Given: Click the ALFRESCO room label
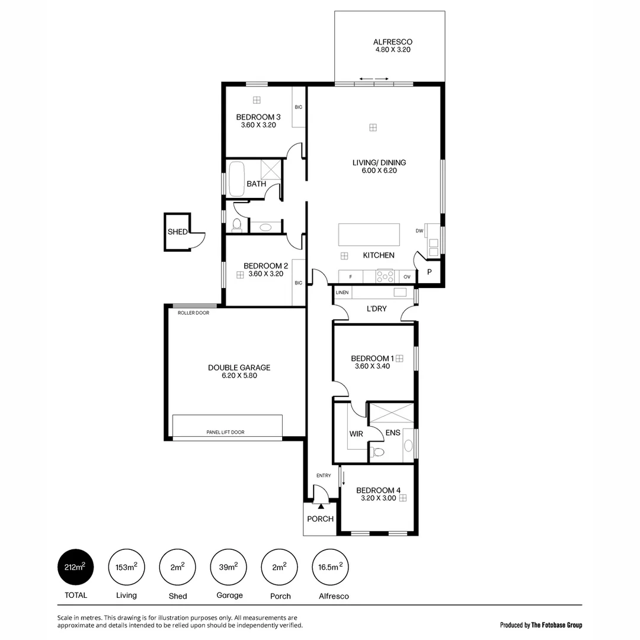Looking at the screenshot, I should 392,42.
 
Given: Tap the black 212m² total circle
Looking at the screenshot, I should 75,567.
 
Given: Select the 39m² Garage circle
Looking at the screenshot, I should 229,567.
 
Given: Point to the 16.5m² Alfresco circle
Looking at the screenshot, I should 331,567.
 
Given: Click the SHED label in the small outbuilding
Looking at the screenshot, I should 177,232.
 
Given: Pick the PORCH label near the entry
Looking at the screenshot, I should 320,519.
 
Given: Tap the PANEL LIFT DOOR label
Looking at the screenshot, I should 225,433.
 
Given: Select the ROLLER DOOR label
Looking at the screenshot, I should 193,313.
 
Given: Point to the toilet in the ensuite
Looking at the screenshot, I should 378,452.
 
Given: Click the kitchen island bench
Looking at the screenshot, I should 369,235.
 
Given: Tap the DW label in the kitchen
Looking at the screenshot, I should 419,231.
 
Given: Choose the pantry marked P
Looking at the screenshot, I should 429,272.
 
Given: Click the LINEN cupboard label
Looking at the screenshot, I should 342,293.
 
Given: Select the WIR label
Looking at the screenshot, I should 356,434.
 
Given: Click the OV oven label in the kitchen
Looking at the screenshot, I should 407,277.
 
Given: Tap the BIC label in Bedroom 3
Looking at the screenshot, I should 298,107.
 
